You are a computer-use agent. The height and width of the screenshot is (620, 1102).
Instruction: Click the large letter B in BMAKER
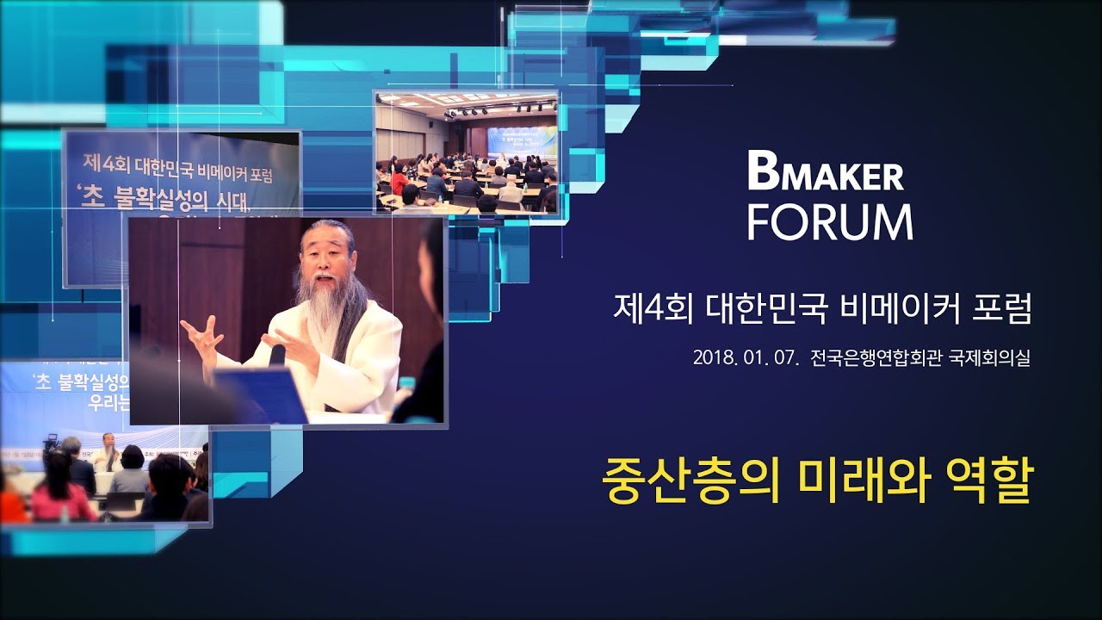click(x=763, y=174)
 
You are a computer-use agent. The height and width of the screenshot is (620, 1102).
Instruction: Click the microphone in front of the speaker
click(x=277, y=355)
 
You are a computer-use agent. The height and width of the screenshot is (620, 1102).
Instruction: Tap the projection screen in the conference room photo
click(x=522, y=141)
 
